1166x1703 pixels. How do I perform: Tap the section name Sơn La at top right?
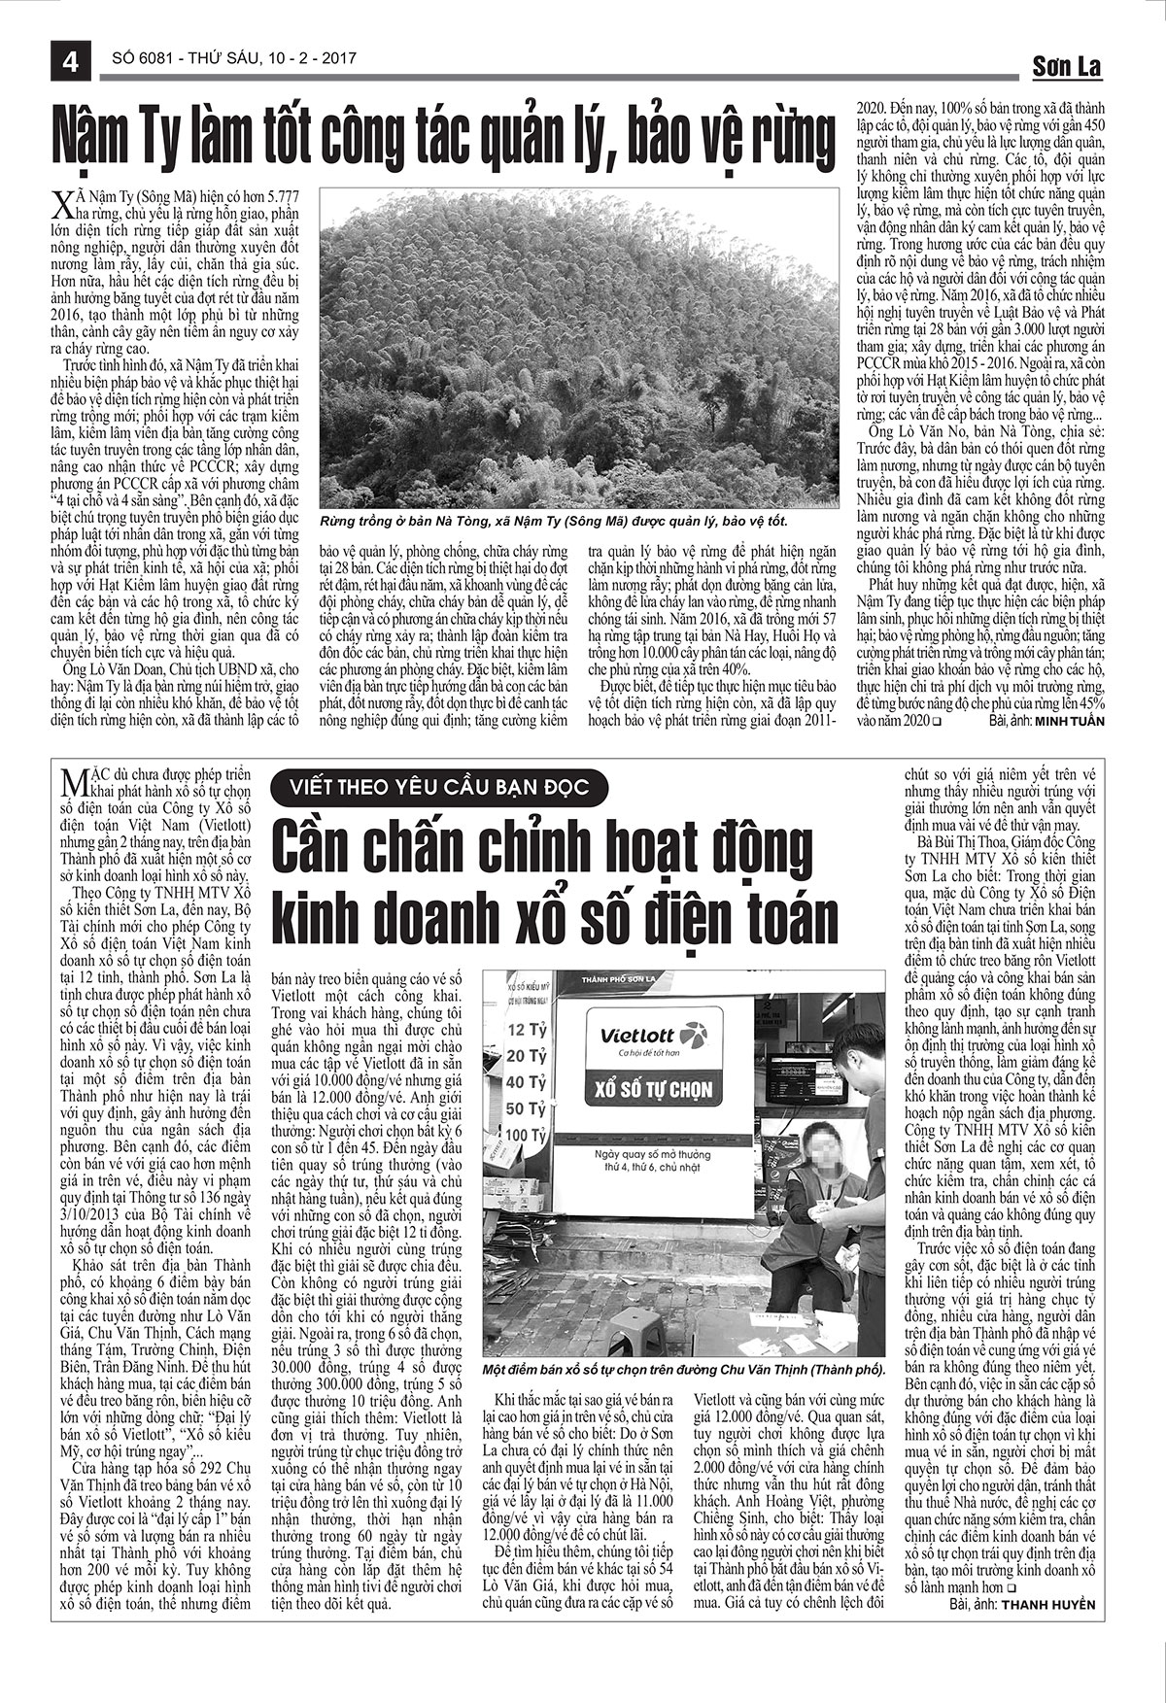1066,66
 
